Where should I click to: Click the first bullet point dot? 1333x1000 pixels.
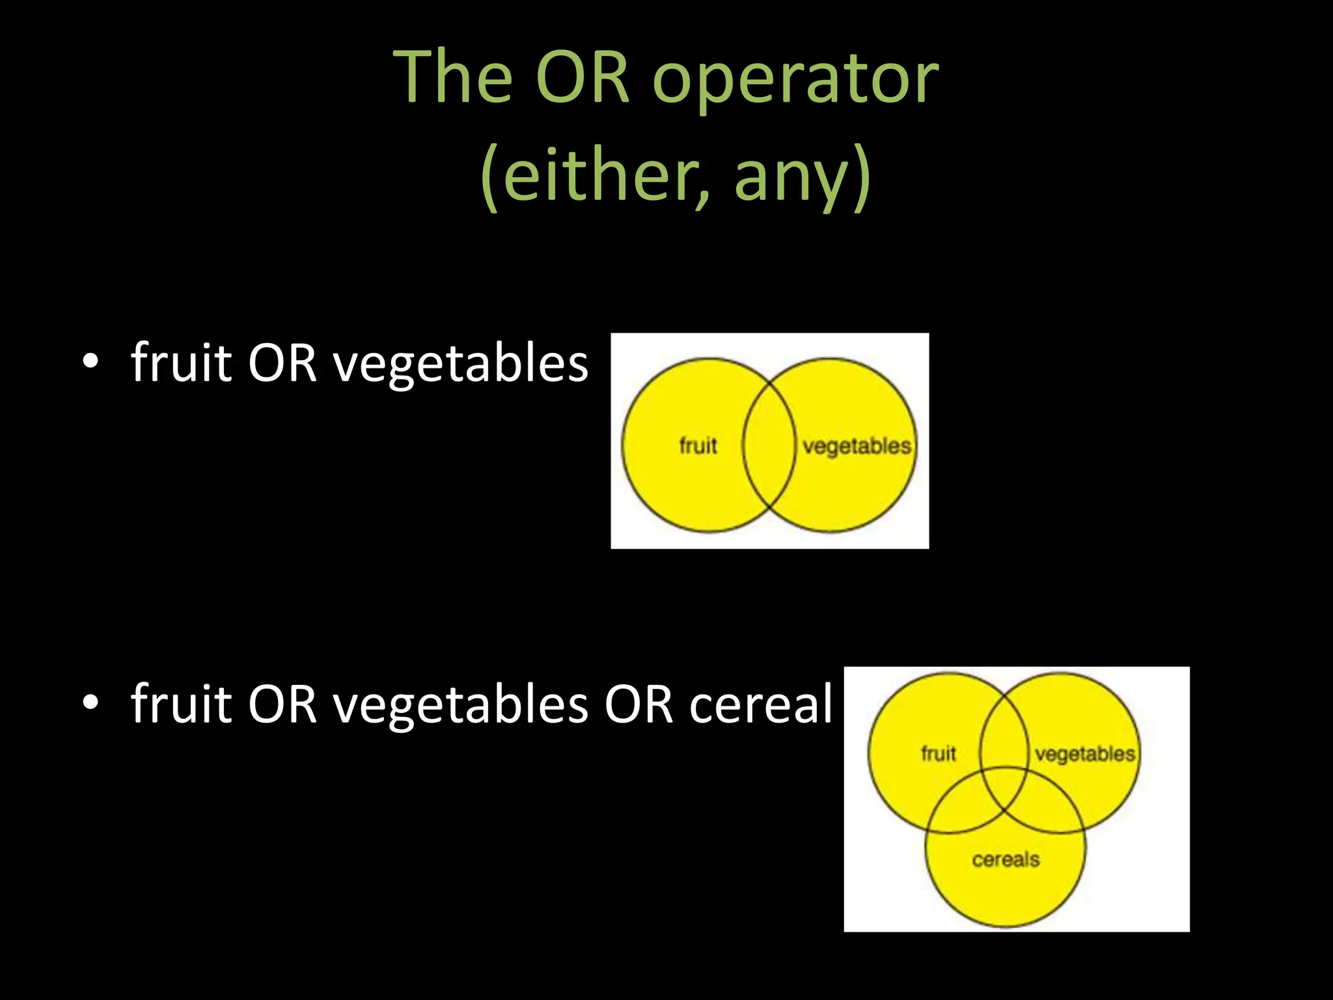coord(91,362)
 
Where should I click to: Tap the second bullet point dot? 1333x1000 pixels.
coord(91,703)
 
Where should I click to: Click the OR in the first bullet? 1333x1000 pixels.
coord(282,363)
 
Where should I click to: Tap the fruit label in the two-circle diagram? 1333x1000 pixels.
coord(698,446)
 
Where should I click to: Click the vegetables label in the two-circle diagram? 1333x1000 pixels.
coord(856,447)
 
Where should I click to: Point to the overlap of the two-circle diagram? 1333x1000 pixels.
coord(769,446)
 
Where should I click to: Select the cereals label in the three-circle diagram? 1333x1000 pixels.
coord(1006,859)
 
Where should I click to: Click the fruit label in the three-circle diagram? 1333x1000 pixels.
coord(938,754)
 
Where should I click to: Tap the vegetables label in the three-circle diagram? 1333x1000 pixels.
coord(1085,754)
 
